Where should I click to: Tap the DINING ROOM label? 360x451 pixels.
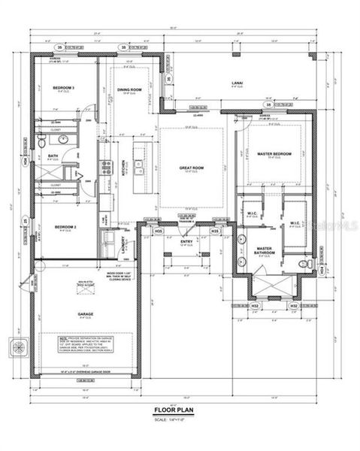click(129, 90)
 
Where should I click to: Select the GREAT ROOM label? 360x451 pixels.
click(191, 168)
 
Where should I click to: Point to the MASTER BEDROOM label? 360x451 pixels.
click(274, 155)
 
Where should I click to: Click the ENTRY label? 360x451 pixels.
click(187, 241)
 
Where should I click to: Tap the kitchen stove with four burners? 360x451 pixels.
click(107, 167)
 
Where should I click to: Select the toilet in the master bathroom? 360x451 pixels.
click(302, 265)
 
